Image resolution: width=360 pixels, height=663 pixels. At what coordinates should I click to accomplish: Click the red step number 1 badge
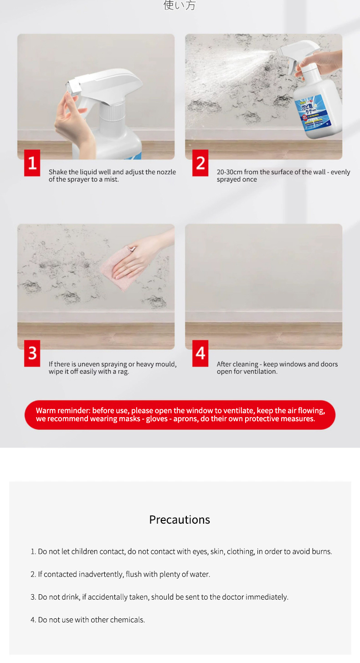[x=32, y=163]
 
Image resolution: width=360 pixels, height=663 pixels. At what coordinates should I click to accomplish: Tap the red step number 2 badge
[x=200, y=163]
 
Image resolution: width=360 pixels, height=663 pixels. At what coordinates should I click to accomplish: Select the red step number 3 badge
[x=32, y=353]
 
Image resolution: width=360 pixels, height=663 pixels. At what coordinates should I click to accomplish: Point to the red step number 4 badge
[x=200, y=353]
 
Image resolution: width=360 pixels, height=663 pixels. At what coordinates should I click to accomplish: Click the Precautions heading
[x=180, y=520]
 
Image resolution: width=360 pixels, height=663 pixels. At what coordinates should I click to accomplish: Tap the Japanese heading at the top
[x=180, y=5]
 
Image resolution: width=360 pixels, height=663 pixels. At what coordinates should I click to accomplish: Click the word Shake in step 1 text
[x=57, y=172]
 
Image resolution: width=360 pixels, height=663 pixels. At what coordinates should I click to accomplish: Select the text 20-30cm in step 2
[x=230, y=172]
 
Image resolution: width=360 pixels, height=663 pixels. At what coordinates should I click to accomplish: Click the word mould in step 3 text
[x=166, y=364]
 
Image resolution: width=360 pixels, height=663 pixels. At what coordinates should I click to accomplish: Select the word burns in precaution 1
[x=322, y=551]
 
